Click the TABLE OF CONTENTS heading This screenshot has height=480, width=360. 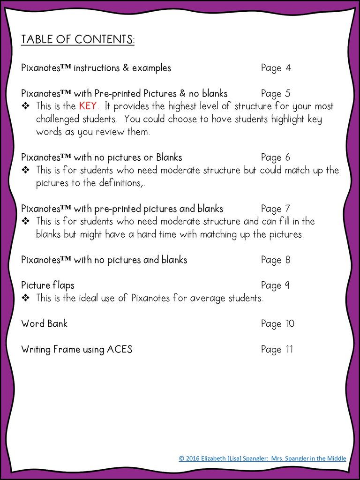78,39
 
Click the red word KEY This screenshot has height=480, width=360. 88,106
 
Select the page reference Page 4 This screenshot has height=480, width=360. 276,68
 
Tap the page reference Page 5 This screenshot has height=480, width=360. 276,94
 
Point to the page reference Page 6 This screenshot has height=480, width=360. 276,157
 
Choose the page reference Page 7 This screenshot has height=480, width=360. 276,209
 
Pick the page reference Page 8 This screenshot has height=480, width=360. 276,260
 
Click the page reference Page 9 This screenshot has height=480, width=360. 276,285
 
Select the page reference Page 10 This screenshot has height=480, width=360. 277,324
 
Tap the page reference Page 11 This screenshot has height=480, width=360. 277,350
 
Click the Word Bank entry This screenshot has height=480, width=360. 44,324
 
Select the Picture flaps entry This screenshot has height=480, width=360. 47,285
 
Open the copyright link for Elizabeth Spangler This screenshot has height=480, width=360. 262,458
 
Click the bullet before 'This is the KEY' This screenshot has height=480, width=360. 26,106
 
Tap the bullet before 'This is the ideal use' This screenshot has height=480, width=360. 26,298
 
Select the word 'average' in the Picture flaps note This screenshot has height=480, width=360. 208,298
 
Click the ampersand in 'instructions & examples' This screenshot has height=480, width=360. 126,68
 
